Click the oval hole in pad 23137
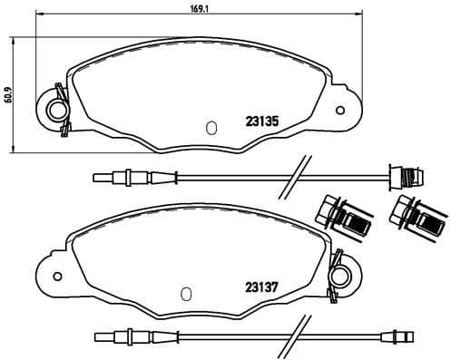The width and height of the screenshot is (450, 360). pos(184,294)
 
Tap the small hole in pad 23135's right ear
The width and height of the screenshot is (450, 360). pos(340,112)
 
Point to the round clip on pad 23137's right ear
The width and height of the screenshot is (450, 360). pos(341,272)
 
